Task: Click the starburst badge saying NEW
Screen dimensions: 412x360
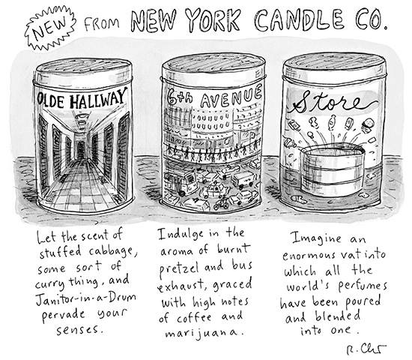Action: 50,28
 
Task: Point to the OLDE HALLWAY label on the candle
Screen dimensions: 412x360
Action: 82,99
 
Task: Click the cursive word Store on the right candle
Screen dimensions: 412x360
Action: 334,102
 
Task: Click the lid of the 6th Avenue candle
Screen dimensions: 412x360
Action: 213,67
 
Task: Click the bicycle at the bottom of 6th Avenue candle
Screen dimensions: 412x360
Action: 221,203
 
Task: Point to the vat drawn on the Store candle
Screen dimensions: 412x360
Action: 333,170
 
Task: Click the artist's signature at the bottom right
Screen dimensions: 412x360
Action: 367,349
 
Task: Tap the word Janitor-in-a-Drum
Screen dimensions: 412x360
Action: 85,298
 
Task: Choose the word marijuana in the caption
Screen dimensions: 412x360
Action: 204,333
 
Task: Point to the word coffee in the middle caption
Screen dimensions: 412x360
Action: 195,318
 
